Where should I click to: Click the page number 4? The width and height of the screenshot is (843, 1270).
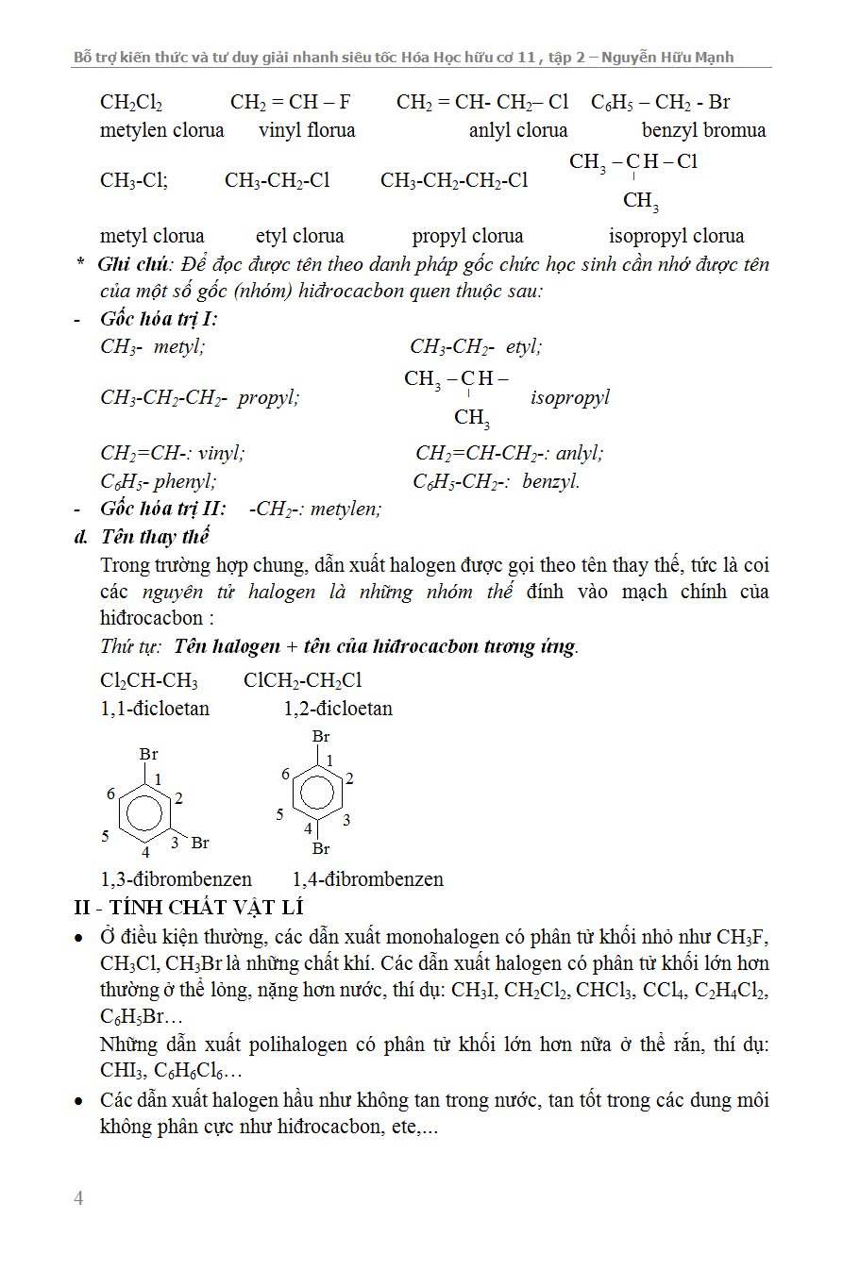click(x=79, y=1199)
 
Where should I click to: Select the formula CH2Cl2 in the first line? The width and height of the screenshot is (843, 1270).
click(x=131, y=102)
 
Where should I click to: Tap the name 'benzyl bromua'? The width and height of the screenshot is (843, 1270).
click(x=703, y=130)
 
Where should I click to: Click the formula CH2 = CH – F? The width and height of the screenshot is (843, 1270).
click(x=291, y=102)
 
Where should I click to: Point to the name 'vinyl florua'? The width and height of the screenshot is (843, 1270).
click(x=307, y=130)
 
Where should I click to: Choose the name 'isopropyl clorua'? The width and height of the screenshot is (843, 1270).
click(x=676, y=236)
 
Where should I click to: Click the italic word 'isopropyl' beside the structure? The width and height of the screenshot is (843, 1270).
click(x=569, y=397)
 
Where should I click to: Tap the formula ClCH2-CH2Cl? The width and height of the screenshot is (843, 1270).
click(x=302, y=680)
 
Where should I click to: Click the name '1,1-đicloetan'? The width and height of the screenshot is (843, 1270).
click(x=155, y=709)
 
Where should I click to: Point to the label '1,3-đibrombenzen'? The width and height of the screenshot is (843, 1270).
click(x=177, y=879)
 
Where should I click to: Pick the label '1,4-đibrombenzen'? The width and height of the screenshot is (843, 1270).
click(x=367, y=879)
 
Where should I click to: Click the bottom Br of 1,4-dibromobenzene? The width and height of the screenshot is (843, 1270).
click(x=321, y=849)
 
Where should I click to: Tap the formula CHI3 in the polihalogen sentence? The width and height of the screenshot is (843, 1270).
click(x=121, y=1072)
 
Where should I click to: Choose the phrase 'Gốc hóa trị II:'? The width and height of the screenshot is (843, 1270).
click(x=163, y=510)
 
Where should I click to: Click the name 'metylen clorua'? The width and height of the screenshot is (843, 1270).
click(x=162, y=130)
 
